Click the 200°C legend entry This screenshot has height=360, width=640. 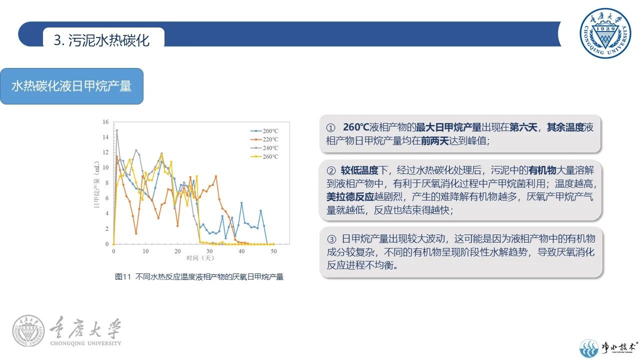[264, 131]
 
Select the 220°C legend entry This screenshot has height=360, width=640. [264, 139]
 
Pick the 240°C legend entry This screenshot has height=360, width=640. [264, 148]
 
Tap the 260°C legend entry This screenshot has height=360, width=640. [264, 156]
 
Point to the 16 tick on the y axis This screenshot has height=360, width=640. [105, 122]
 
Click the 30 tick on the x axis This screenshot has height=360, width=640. [209, 251]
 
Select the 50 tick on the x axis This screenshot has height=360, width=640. [273, 251]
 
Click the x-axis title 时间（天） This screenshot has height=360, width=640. [200, 258]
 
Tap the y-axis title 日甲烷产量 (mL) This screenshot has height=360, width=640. [96, 184]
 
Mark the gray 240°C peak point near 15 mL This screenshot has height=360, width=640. [117, 130]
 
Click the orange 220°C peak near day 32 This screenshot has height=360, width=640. [216, 176]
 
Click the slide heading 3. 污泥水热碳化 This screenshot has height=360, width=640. [101, 40]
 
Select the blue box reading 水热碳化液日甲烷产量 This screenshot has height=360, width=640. [71, 86]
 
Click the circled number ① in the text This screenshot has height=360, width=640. [330, 127]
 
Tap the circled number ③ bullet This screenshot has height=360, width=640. [331, 239]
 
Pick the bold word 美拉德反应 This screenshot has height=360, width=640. [350, 196]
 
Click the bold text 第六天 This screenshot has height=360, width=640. [523, 127]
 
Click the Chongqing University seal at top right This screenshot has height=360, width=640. [605, 33]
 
